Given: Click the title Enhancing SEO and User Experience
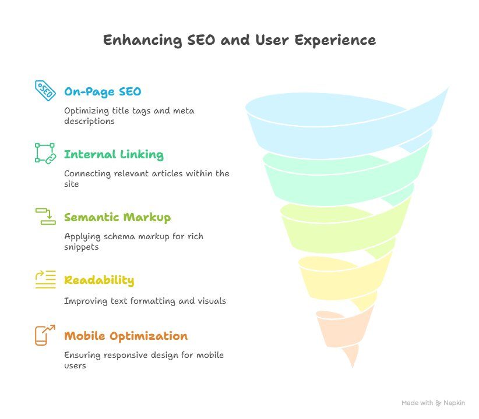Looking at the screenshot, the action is pos(239,40).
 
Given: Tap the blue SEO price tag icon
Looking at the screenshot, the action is pos(45,90).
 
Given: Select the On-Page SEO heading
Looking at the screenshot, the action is pos(103,91).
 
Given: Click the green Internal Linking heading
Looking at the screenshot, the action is pos(114,154).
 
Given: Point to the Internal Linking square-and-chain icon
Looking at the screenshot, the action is pos(45,153).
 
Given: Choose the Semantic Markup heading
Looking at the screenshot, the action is pos(117,217).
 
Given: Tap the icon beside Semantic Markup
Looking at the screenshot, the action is pos(45,216).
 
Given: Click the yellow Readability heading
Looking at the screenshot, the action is pos(99,280).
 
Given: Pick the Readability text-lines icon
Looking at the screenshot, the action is pos(45,279).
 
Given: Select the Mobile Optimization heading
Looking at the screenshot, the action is pos(126,336).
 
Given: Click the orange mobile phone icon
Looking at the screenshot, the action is pos(45,335).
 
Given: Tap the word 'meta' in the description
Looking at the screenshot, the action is pos(184,111).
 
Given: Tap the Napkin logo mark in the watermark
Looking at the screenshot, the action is pos(438,403).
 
